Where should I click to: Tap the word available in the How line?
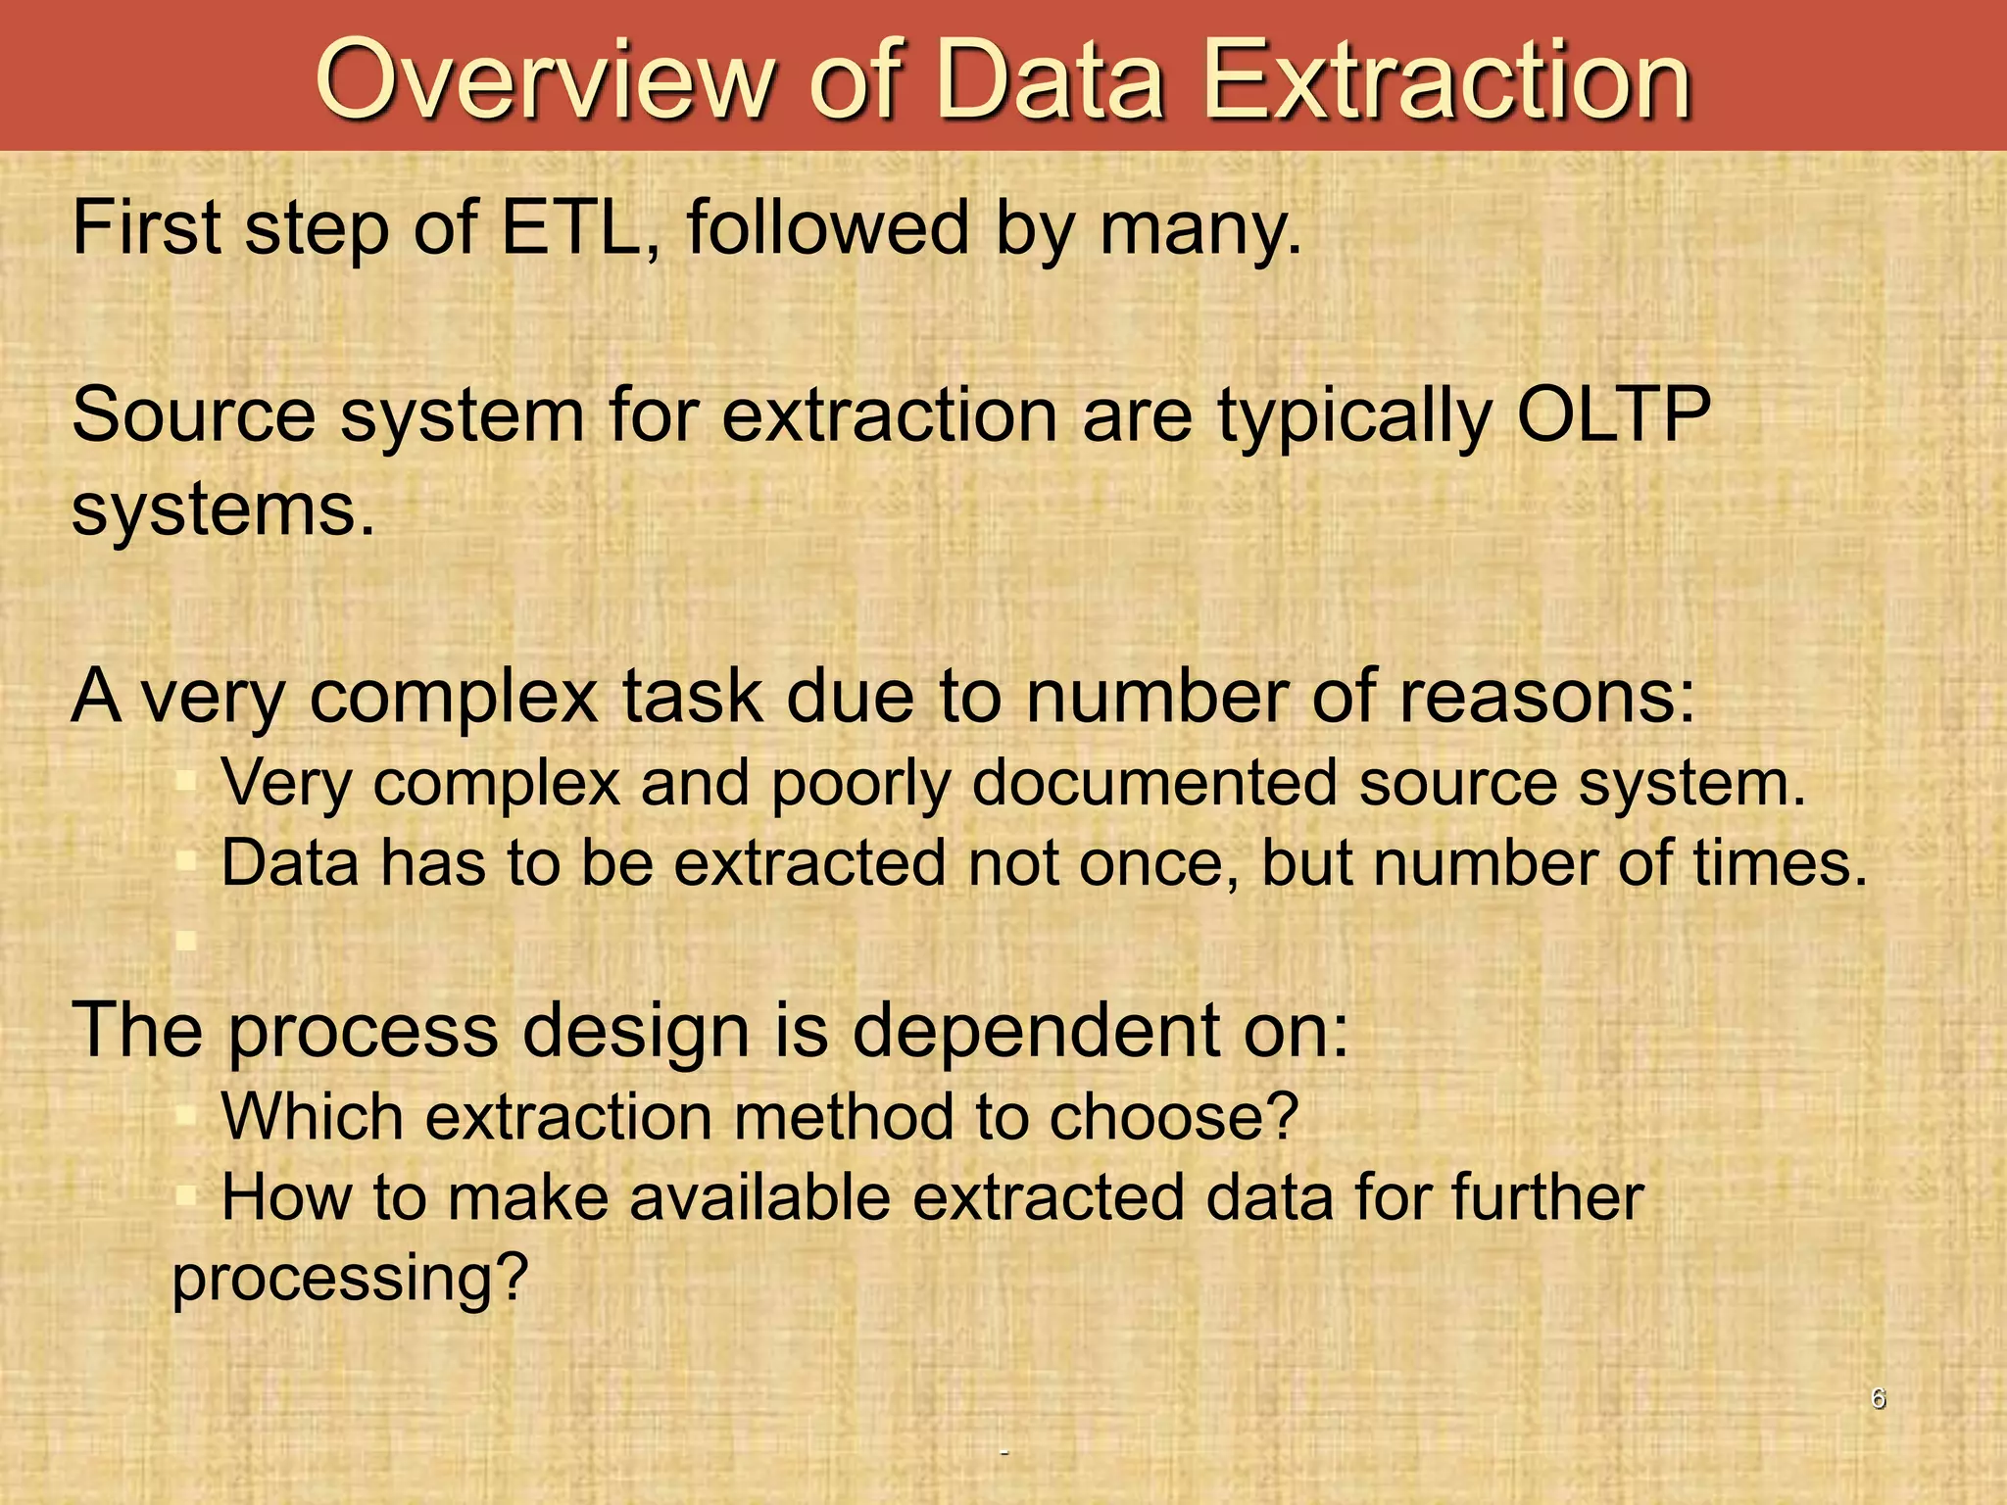click(759, 1198)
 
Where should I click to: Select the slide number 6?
click(1878, 1398)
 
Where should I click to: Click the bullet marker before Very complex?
click(186, 783)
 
